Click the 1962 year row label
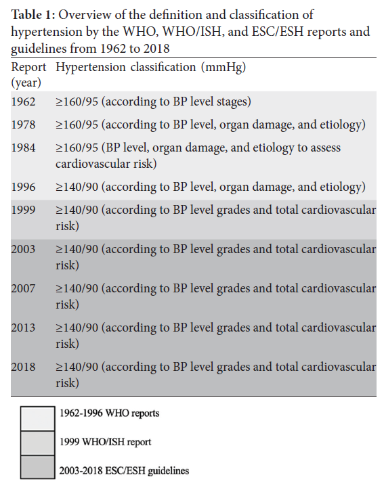pos(24,102)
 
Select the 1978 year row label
pos(24,125)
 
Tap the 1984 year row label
pos(24,148)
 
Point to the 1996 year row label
pos(24,187)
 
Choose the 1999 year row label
pos(24,210)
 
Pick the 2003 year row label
pos(24,250)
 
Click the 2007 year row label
pos(24,289)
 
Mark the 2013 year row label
pos(24,328)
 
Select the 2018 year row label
pos(24,367)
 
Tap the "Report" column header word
pos(28,68)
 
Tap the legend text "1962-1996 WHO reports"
pos(119,413)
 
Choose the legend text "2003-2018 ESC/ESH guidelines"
pos(135,470)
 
